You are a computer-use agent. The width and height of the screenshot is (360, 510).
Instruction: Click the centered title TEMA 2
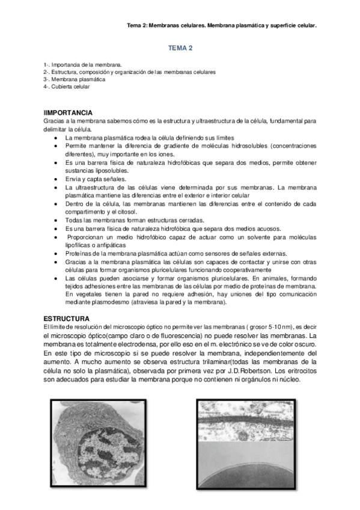click(x=180, y=48)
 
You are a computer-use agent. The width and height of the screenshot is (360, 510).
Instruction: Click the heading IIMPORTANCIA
click(x=68, y=112)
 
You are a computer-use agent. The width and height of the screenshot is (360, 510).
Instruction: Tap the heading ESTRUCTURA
click(x=66, y=318)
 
